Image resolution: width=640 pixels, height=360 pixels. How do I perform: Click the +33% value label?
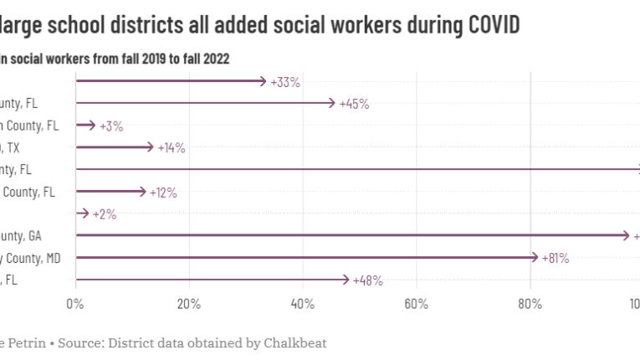click(285, 81)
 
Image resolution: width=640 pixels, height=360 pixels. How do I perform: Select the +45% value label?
click(354, 103)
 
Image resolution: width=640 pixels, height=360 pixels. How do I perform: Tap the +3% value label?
click(111, 126)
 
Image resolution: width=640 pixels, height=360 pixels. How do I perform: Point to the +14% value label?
click(171, 147)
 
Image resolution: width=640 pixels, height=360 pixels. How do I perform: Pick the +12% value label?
click(163, 192)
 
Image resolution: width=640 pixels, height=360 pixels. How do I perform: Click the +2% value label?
click(105, 214)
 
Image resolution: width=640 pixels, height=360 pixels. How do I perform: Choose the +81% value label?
click(556, 258)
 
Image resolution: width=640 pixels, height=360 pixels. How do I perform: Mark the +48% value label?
click(368, 280)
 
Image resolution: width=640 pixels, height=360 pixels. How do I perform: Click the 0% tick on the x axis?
click(76, 303)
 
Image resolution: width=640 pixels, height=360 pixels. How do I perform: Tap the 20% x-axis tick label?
click(189, 303)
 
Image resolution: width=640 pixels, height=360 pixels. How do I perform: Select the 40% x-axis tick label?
click(303, 303)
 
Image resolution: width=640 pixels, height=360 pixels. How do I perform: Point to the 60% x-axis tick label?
click(416, 303)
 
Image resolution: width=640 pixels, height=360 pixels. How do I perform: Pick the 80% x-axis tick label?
click(530, 303)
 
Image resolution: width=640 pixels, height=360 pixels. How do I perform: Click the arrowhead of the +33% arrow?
click(264, 81)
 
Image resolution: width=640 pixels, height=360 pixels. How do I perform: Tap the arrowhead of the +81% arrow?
click(535, 258)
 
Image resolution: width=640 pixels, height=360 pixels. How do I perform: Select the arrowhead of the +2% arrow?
click(85, 214)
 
